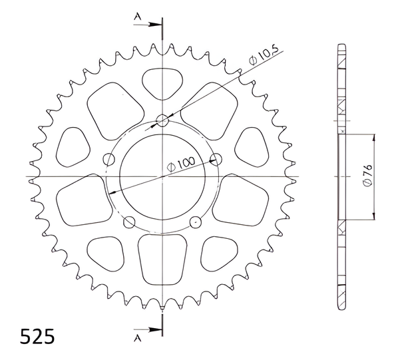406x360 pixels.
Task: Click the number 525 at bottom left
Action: pyautogui.click(x=37, y=336)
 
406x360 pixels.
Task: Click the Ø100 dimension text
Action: pyautogui.click(x=181, y=164)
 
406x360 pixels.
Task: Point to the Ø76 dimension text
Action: pyautogui.click(x=367, y=175)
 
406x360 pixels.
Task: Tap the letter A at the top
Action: pyautogui.click(x=138, y=17)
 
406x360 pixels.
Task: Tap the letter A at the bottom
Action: pyautogui.click(x=138, y=338)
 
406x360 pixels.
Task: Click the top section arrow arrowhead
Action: pyautogui.click(x=155, y=25)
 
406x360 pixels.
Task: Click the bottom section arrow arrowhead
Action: pyautogui.click(x=155, y=329)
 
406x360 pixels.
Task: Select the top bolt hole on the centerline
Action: pyautogui.click(x=162, y=120)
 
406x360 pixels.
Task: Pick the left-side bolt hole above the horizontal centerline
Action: pyautogui.click(x=109, y=159)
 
